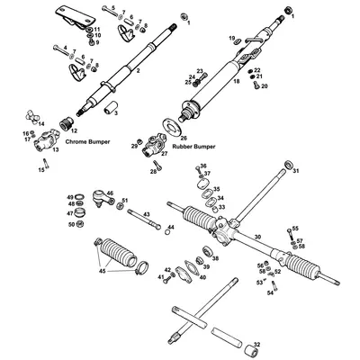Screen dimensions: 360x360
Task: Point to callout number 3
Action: coord(115,116)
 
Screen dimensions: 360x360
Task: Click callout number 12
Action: coord(73,130)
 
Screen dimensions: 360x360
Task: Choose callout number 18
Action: coord(236,81)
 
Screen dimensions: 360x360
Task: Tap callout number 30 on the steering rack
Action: coord(257,238)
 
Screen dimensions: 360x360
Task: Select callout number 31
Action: coord(298,170)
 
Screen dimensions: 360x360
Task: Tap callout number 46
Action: coord(110,193)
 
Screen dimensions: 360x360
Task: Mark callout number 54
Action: coord(270,292)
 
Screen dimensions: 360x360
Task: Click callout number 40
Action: coord(202,277)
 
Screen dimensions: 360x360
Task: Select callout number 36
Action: coord(203,166)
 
